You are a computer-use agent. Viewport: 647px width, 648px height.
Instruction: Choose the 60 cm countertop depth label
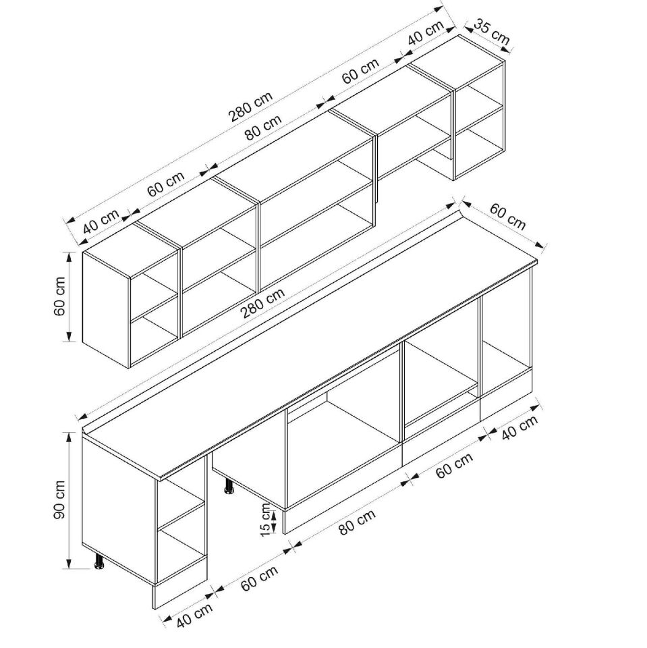(x=507, y=215)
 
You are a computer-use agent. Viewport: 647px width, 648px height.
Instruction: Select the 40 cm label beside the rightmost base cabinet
(x=521, y=427)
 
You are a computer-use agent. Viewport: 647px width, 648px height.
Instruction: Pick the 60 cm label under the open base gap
(x=259, y=579)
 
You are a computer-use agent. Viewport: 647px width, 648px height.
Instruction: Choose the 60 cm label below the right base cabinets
(x=454, y=466)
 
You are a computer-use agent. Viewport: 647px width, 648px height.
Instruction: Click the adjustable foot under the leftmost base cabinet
(x=100, y=562)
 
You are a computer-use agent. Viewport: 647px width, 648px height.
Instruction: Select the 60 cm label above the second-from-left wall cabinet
(x=166, y=184)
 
